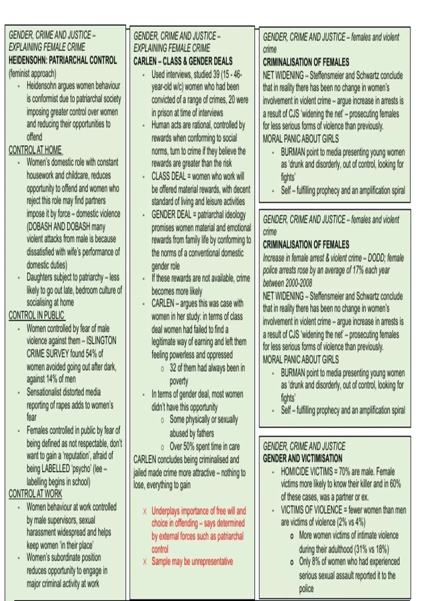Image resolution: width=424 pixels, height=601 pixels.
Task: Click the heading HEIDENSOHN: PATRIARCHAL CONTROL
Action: point(63,60)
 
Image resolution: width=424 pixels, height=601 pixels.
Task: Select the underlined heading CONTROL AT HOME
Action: point(35,150)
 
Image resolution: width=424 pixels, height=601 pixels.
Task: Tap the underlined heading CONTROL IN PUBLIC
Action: point(36,315)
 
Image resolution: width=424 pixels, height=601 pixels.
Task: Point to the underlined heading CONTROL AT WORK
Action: point(35,494)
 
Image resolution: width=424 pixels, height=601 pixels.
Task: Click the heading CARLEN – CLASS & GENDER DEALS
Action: point(183,62)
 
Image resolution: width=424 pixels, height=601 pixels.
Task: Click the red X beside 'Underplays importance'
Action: point(145,512)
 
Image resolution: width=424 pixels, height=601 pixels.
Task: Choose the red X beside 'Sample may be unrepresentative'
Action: point(145,562)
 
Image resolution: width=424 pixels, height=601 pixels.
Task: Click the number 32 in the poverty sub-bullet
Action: point(173,368)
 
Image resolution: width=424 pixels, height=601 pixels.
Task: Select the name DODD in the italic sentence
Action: point(376,258)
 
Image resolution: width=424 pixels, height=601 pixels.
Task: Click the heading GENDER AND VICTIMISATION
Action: point(302,459)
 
